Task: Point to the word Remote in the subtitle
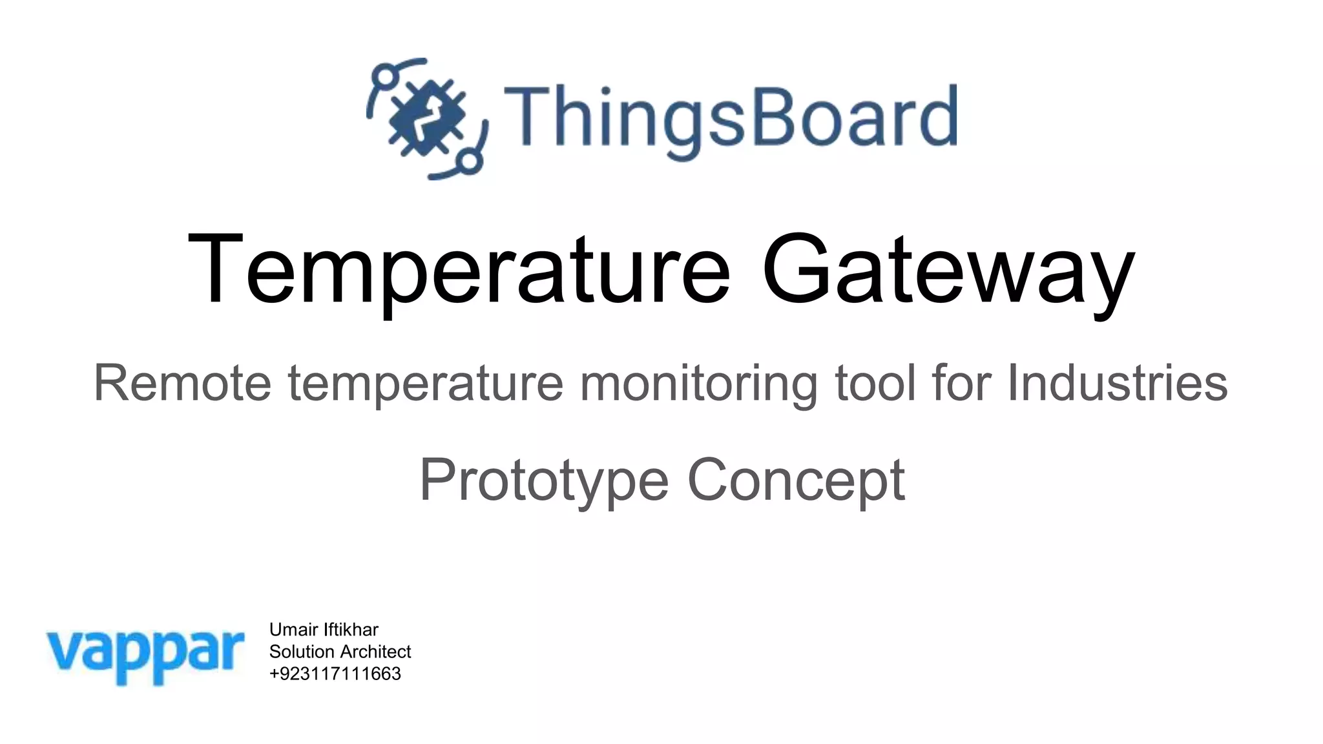pos(182,383)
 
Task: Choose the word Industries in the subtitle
pos(1117,383)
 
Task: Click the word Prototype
pos(544,481)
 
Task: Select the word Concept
pos(796,481)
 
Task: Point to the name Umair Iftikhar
pos(324,630)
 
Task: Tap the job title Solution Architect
pos(340,652)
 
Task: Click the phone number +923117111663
pos(335,674)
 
